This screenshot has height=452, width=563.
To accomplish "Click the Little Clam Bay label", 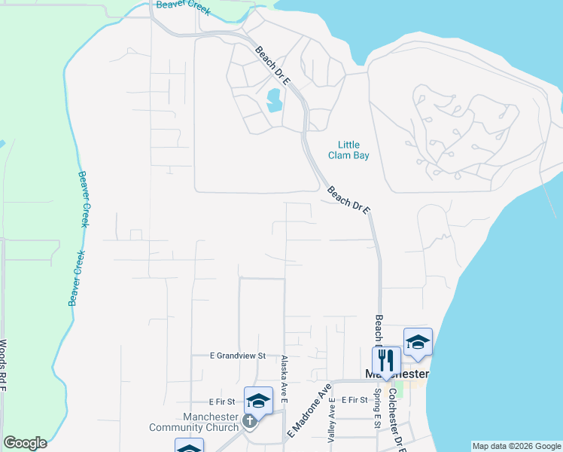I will point(348,150).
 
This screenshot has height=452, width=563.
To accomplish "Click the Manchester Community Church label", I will point(194,423).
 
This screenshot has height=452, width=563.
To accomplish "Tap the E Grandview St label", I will point(238,356).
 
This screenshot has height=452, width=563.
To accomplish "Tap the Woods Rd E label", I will point(4,366).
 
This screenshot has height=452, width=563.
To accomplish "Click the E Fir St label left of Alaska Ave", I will point(223,402).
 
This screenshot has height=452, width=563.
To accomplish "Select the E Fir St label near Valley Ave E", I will point(354,400).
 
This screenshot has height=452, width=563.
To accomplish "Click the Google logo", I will point(25,443).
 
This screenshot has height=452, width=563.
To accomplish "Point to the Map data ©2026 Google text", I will point(517,446).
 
